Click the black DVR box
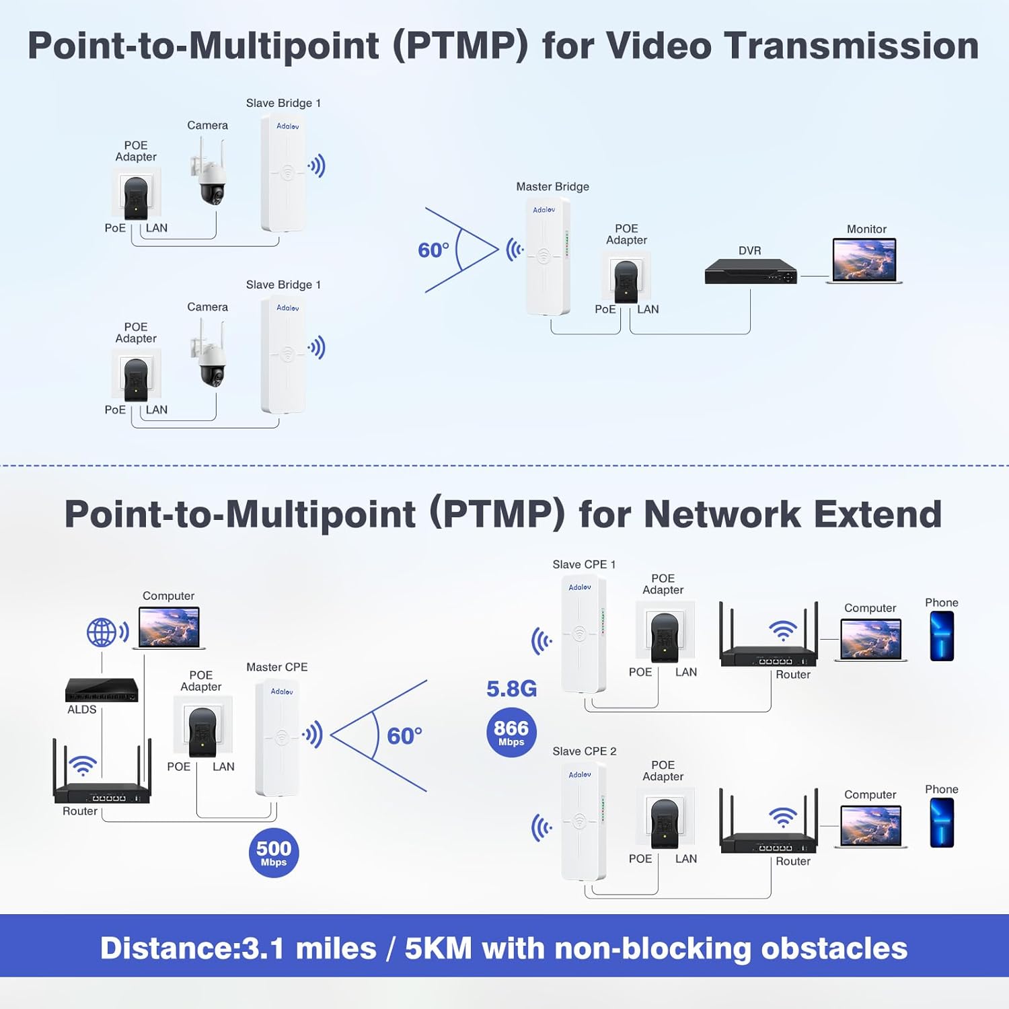pyautogui.click(x=750, y=272)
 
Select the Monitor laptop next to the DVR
pyautogui.click(x=864, y=260)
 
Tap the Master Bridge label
pyautogui.click(x=552, y=187)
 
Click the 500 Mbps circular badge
pyautogui.click(x=274, y=853)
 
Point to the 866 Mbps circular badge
pyautogui.click(x=511, y=733)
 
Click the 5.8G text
pyautogui.click(x=511, y=689)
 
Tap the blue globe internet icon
pyautogui.click(x=102, y=632)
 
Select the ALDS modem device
pyautogui.click(x=102, y=689)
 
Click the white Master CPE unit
pyautogui.click(x=277, y=739)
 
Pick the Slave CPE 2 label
pyautogui.click(x=584, y=751)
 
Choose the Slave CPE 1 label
pyautogui.click(x=584, y=564)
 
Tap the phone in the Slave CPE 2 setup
pyautogui.click(x=942, y=823)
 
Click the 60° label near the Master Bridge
pyautogui.click(x=433, y=250)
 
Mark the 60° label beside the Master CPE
pyautogui.click(x=404, y=736)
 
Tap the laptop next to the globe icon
pyautogui.click(x=169, y=628)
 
